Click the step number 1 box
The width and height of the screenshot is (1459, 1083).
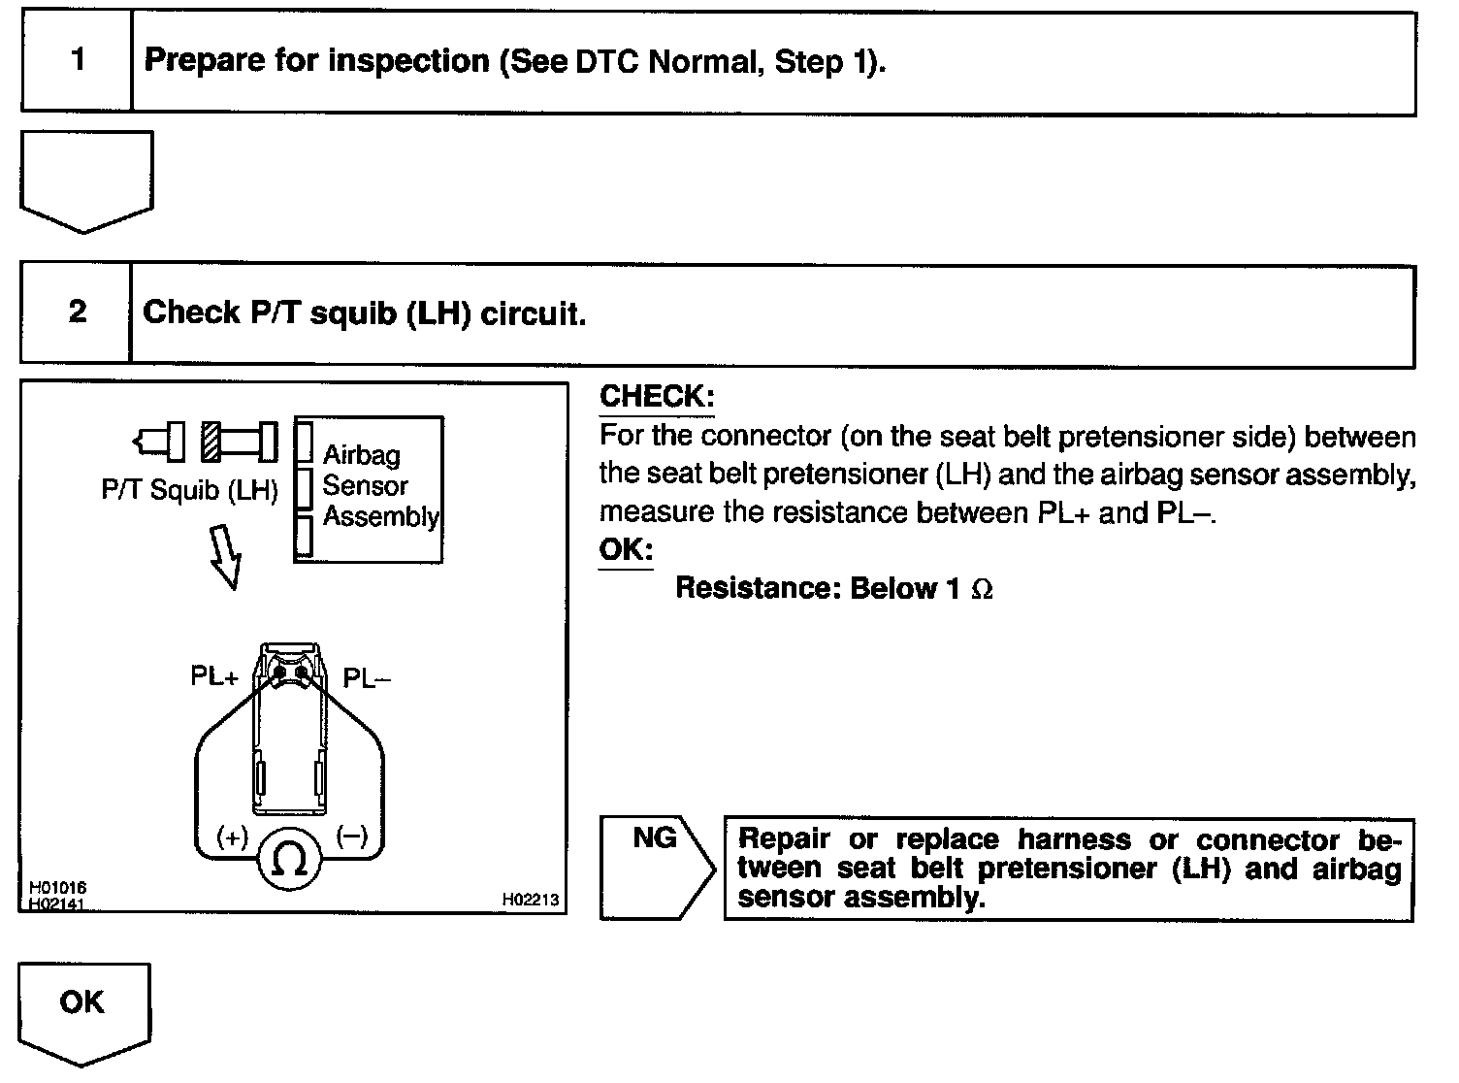77,61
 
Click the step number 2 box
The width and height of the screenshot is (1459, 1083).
77,312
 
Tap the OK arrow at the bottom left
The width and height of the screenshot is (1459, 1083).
83,1005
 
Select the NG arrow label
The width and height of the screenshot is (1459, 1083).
656,839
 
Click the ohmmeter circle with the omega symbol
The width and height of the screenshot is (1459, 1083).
290,858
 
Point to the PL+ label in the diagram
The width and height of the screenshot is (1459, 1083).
213,676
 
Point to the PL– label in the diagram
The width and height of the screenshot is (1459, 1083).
368,677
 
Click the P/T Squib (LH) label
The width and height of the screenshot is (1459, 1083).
189,490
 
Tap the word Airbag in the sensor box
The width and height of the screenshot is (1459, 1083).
361,454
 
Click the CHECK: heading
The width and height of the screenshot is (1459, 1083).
657,396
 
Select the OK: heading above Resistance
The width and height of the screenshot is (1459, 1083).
626,549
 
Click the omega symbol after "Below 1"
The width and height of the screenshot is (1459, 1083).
982,589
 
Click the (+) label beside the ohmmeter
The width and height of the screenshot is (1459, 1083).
233,837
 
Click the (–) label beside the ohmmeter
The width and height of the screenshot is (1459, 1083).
351,837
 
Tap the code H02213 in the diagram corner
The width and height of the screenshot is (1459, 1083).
531,900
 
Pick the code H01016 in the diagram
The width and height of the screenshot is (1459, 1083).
58,888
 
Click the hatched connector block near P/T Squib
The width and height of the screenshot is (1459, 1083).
213,442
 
